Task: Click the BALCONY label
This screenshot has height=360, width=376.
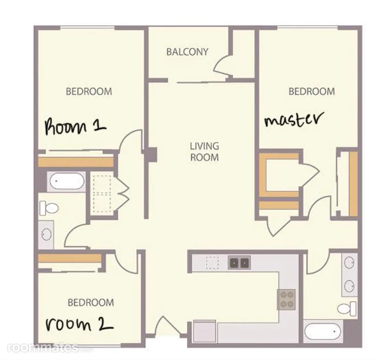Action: click(x=187, y=52)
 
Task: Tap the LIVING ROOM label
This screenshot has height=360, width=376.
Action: click(x=204, y=152)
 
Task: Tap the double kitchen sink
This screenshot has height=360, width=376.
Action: click(x=239, y=263)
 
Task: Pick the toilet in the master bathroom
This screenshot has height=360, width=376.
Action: click(x=347, y=309)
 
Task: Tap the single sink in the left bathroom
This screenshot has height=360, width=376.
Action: click(x=46, y=234)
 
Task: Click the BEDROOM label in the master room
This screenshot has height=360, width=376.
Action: click(x=311, y=91)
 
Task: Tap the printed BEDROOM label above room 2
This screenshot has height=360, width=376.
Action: click(x=90, y=303)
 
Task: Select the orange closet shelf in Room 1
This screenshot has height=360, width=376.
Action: click(x=76, y=162)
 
